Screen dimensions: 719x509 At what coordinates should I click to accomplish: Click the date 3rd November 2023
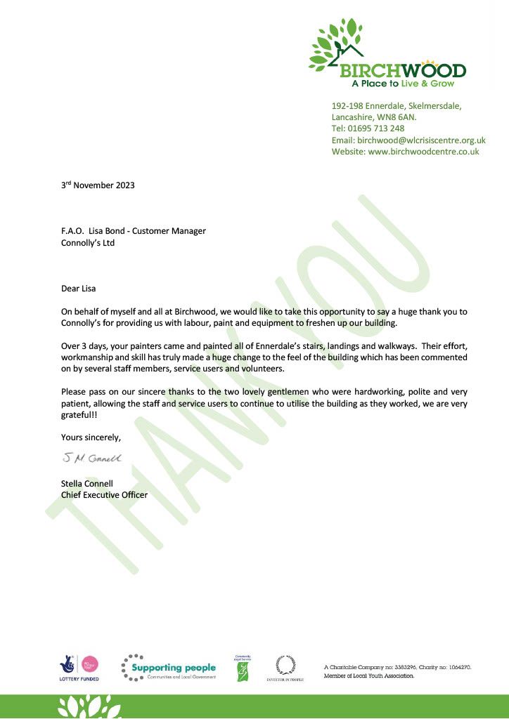click(97, 186)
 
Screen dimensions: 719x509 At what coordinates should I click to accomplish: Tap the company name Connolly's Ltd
click(88, 243)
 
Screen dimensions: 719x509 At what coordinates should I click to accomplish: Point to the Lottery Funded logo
click(79, 667)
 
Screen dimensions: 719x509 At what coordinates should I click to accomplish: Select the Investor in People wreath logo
click(285, 666)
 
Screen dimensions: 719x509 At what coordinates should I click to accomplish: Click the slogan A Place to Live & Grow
click(403, 84)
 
